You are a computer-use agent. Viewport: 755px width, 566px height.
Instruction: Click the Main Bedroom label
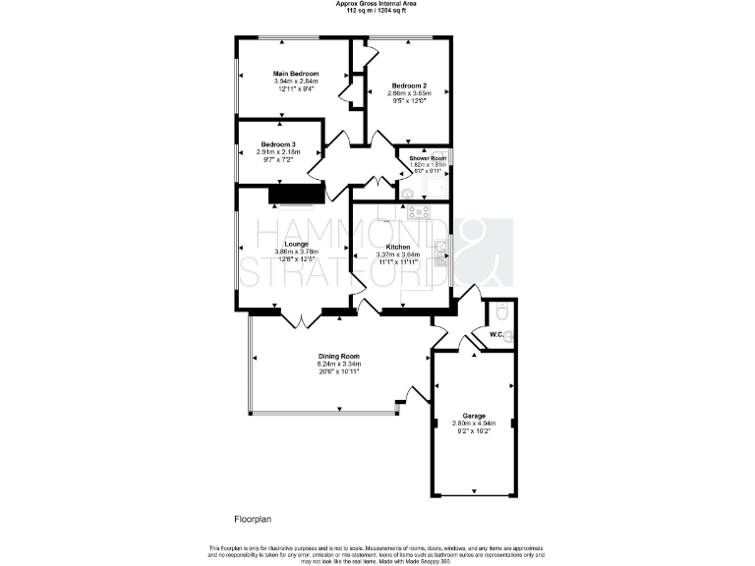(x=296, y=73)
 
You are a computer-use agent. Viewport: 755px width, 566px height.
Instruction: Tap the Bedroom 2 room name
(x=409, y=85)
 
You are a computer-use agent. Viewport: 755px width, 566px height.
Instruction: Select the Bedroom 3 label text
(x=278, y=144)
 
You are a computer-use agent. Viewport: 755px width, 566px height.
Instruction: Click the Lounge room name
(x=297, y=244)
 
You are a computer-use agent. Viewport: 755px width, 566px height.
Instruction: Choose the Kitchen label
(x=397, y=247)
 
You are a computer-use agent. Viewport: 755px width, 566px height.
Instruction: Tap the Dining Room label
(x=337, y=356)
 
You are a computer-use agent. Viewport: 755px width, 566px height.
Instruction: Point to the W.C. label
(x=496, y=336)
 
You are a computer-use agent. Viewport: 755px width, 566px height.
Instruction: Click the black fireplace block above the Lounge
(x=296, y=194)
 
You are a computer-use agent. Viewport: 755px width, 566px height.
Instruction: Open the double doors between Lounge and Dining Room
(x=298, y=317)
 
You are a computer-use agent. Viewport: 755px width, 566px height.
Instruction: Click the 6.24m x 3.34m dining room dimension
(x=337, y=364)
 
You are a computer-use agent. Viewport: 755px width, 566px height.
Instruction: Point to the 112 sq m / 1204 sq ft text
(x=377, y=10)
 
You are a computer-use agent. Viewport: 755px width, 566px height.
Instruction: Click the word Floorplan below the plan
(x=252, y=518)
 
